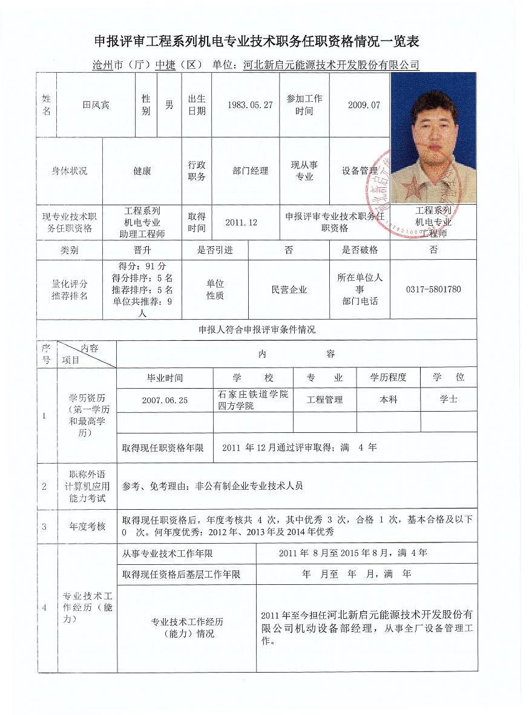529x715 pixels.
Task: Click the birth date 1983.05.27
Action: click(250, 105)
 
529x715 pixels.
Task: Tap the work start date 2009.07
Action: click(364, 105)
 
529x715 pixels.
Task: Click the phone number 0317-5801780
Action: click(433, 289)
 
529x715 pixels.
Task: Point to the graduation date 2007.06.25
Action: click(165, 400)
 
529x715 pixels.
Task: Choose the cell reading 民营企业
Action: click(289, 290)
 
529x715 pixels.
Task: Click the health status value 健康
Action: click(142, 171)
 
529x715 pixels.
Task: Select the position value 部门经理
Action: click(250, 171)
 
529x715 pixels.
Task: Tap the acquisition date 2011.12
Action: click(241, 223)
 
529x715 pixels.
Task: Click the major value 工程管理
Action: click(325, 400)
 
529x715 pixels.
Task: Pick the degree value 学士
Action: click(448, 400)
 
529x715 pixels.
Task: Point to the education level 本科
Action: click(388, 400)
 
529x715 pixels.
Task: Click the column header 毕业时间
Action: click(165, 378)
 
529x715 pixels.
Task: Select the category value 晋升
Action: click(142, 250)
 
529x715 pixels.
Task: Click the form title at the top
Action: click(257, 41)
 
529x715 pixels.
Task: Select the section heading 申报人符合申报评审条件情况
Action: click(257, 330)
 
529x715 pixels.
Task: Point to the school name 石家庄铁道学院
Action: click(253, 394)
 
